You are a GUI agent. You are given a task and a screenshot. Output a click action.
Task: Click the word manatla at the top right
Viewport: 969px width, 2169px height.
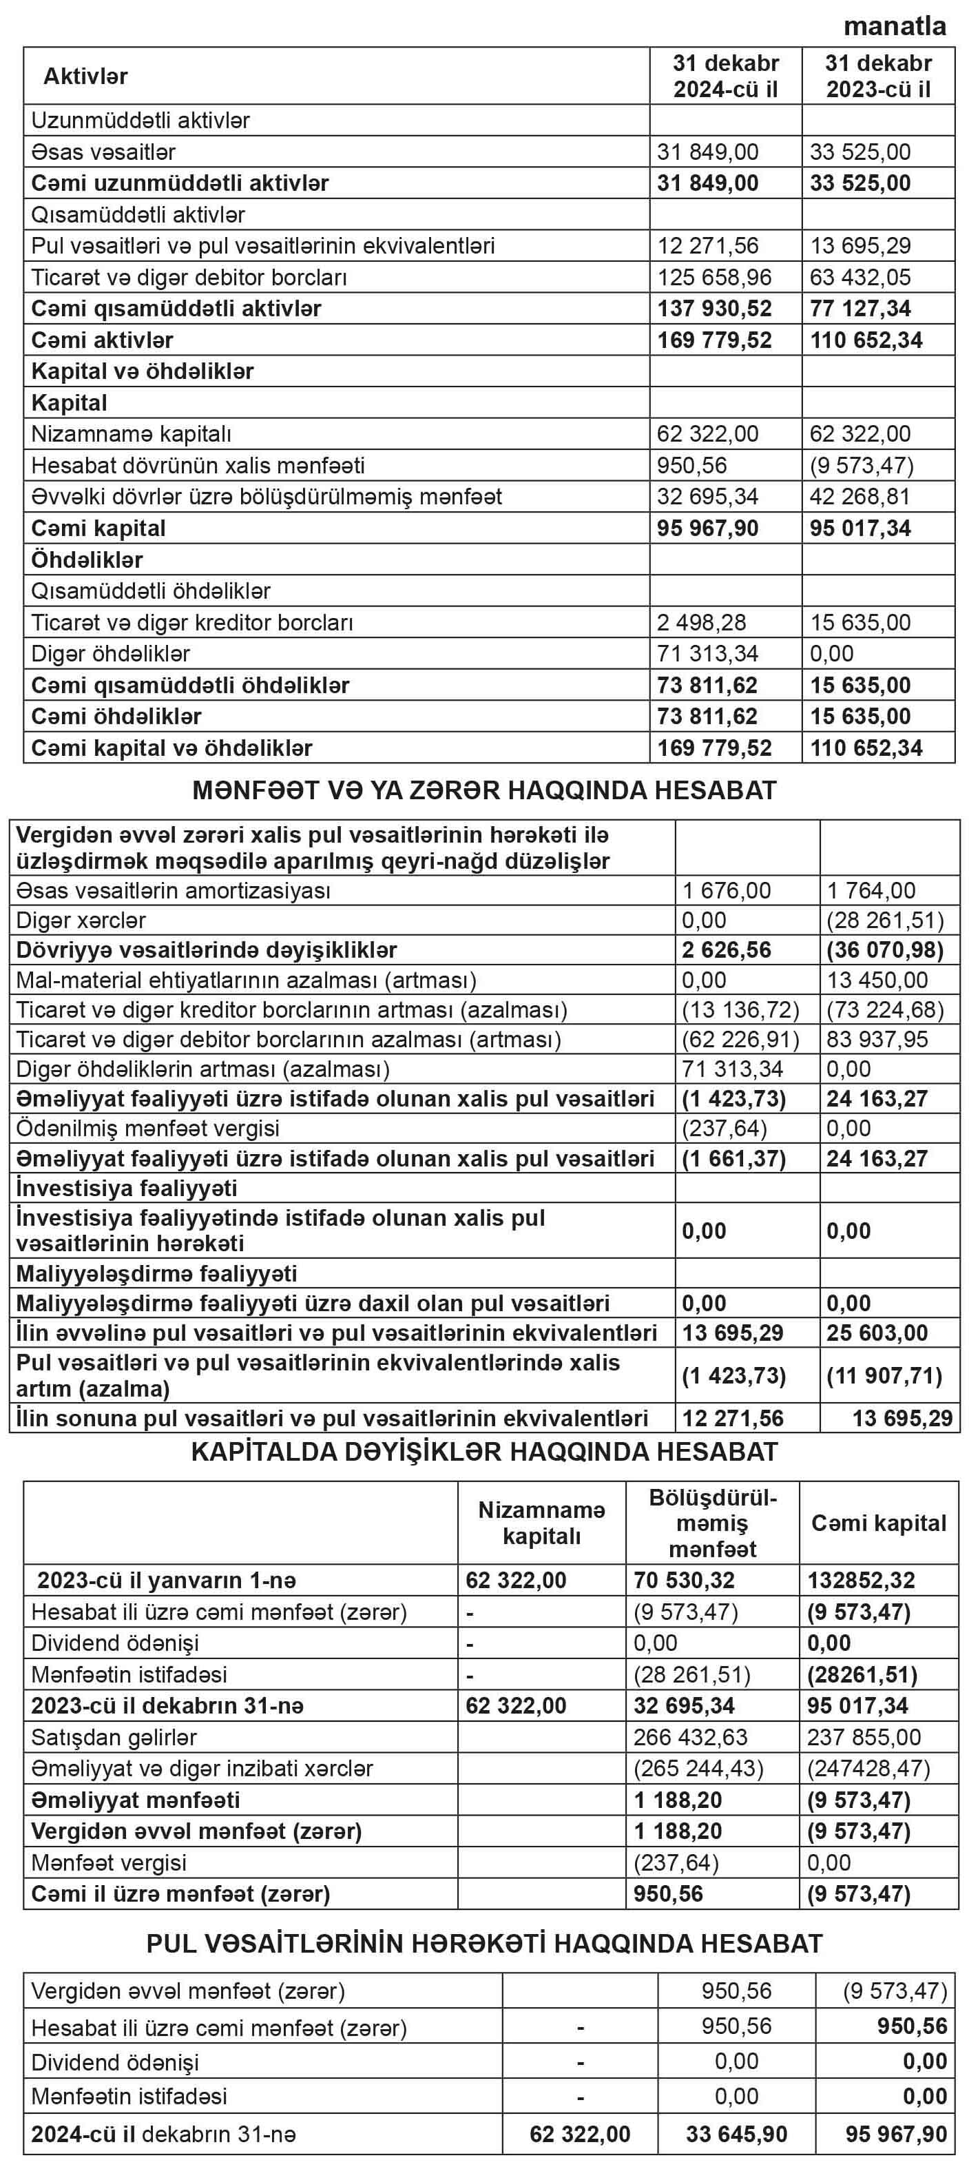coord(895,26)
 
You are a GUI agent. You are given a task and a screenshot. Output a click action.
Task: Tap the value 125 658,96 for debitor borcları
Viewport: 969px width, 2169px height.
coord(713,277)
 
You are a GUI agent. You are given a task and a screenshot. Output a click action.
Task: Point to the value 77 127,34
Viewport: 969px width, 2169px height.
coord(859,308)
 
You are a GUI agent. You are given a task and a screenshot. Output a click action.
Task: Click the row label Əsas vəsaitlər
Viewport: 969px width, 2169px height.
coord(103,152)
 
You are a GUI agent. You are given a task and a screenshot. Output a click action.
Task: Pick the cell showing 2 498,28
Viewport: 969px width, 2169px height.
coord(701,622)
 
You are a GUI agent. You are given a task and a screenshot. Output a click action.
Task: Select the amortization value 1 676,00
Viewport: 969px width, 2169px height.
coord(726,890)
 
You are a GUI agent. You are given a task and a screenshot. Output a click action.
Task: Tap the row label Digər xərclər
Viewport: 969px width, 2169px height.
coord(81,921)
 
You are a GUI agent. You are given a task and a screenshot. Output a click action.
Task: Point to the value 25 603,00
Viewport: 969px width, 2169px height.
coord(877,1333)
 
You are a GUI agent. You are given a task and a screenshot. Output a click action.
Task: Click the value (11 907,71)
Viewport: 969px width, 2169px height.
coord(884,1375)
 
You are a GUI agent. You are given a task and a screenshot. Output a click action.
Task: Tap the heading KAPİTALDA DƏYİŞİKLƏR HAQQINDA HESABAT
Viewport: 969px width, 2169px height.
coord(484,1452)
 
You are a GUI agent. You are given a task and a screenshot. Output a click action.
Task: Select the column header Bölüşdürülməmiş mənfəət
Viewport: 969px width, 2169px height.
coord(712,1522)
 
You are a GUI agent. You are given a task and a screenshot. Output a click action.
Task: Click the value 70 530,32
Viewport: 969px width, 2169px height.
coord(684,1581)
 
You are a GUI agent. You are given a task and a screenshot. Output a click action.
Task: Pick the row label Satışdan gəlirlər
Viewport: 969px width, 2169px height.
coord(114,1737)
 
